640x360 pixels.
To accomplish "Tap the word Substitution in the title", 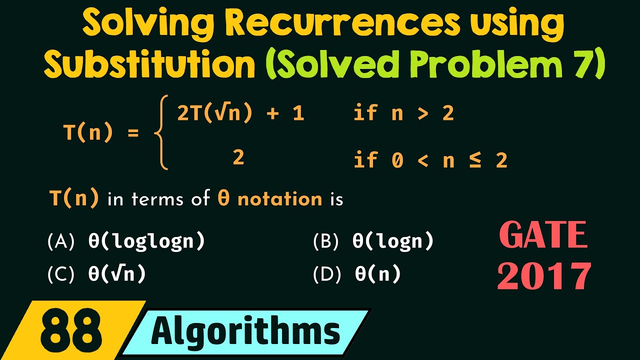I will tap(149, 65).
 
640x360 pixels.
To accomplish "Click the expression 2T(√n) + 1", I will tap(240, 114).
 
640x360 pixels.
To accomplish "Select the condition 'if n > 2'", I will tap(403, 114).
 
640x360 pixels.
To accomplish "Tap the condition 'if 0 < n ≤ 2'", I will tap(430, 160).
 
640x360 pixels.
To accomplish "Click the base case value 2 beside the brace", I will tap(238, 158).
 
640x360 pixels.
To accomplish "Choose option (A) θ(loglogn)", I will tap(126, 242).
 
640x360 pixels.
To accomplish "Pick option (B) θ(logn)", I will tap(373, 242).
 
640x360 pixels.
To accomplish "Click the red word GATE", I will tap(543, 235).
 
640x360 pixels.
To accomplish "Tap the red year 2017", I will tap(544, 275).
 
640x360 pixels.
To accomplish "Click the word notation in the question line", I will tap(279, 199).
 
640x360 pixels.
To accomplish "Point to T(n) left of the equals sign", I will tap(87, 133).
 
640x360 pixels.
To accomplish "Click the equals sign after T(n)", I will tap(132, 134).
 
